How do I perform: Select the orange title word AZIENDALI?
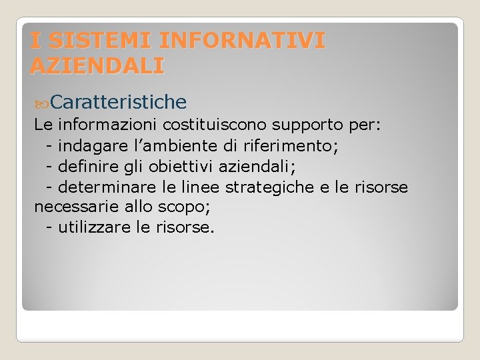pyautogui.click(x=97, y=65)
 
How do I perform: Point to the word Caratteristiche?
pyautogui.click(x=118, y=101)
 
